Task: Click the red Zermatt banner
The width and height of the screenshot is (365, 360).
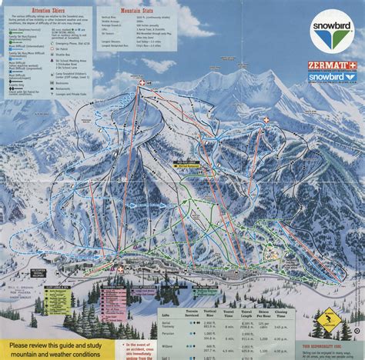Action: (x=332, y=65)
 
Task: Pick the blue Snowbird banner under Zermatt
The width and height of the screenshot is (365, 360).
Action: (x=332, y=77)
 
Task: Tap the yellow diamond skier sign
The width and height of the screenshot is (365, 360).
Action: (x=330, y=315)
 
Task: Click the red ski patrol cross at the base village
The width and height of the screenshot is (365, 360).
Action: (x=119, y=270)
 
